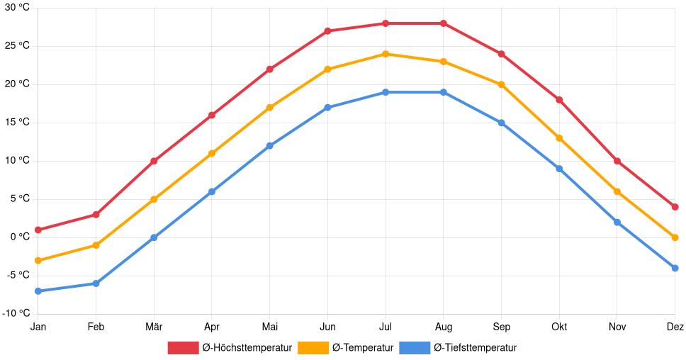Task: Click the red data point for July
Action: (386, 23)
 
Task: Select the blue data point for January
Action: (38, 291)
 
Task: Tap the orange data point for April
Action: (212, 153)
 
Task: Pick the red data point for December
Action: (675, 207)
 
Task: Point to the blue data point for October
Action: (559, 169)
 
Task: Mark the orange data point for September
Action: (501, 84)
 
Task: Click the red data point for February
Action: (96, 215)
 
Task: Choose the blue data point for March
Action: (154, 237)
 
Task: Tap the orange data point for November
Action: (617, 191)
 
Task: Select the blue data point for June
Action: (327, 108)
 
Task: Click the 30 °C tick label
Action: (15, 8)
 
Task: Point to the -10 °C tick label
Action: (15, 313)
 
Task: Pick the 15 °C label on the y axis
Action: (15, 123)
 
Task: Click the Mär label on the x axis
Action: (154, 327)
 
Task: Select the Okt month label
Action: (559, 327)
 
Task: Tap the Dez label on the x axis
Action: (675, 327)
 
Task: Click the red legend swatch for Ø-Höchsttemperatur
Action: (183, 348)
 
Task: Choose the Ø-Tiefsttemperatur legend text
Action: (475, 348)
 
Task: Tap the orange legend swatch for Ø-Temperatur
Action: (313, 348)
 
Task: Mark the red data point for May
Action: (269, 69)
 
